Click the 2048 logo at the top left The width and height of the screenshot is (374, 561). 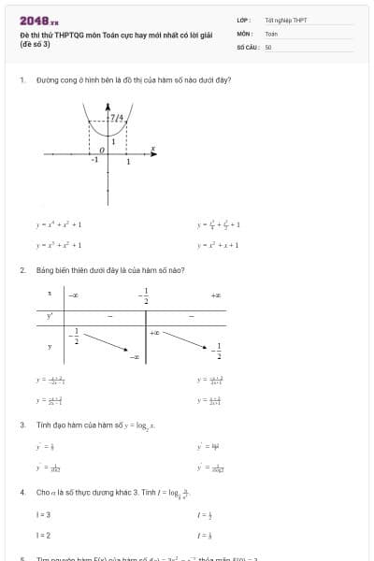[38, 20]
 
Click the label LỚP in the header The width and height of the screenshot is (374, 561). [243, 20]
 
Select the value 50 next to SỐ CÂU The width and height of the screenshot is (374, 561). [268, 45]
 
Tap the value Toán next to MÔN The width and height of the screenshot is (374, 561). [271, 33]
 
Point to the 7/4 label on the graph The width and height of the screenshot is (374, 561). [116, 118]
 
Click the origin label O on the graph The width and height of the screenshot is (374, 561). [102, 149]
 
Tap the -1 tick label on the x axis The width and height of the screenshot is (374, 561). [93, 161]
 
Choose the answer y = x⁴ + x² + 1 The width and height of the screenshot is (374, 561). [59, 224]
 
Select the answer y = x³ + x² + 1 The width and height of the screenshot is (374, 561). [59, 245]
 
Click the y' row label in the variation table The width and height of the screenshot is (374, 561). [50, 315]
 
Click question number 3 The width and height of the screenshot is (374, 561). [22, 424]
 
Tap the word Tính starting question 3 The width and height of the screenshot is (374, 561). [43, 424]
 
